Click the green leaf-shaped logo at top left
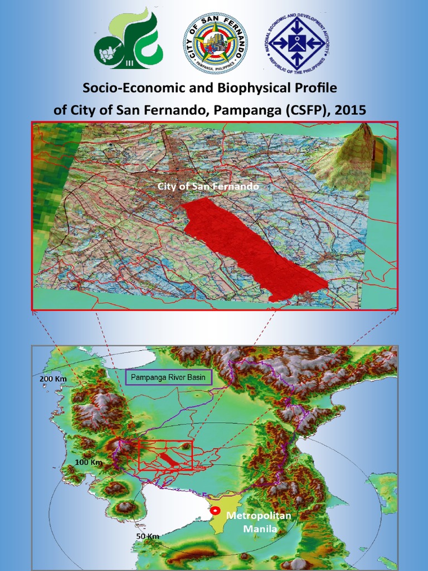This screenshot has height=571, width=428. [x=128, y=39]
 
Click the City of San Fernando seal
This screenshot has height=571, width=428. [x=215, y=43]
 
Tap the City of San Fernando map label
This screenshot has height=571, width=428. [x=208, y=186]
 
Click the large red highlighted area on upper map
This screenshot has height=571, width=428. [x=251, y=245]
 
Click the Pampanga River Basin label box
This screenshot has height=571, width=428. [x=168, y=378]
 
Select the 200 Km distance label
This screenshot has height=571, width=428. [x=53, y=379]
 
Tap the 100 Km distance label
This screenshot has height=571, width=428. [x=89, y=462]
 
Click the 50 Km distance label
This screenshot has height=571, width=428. [x=148, y=536]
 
